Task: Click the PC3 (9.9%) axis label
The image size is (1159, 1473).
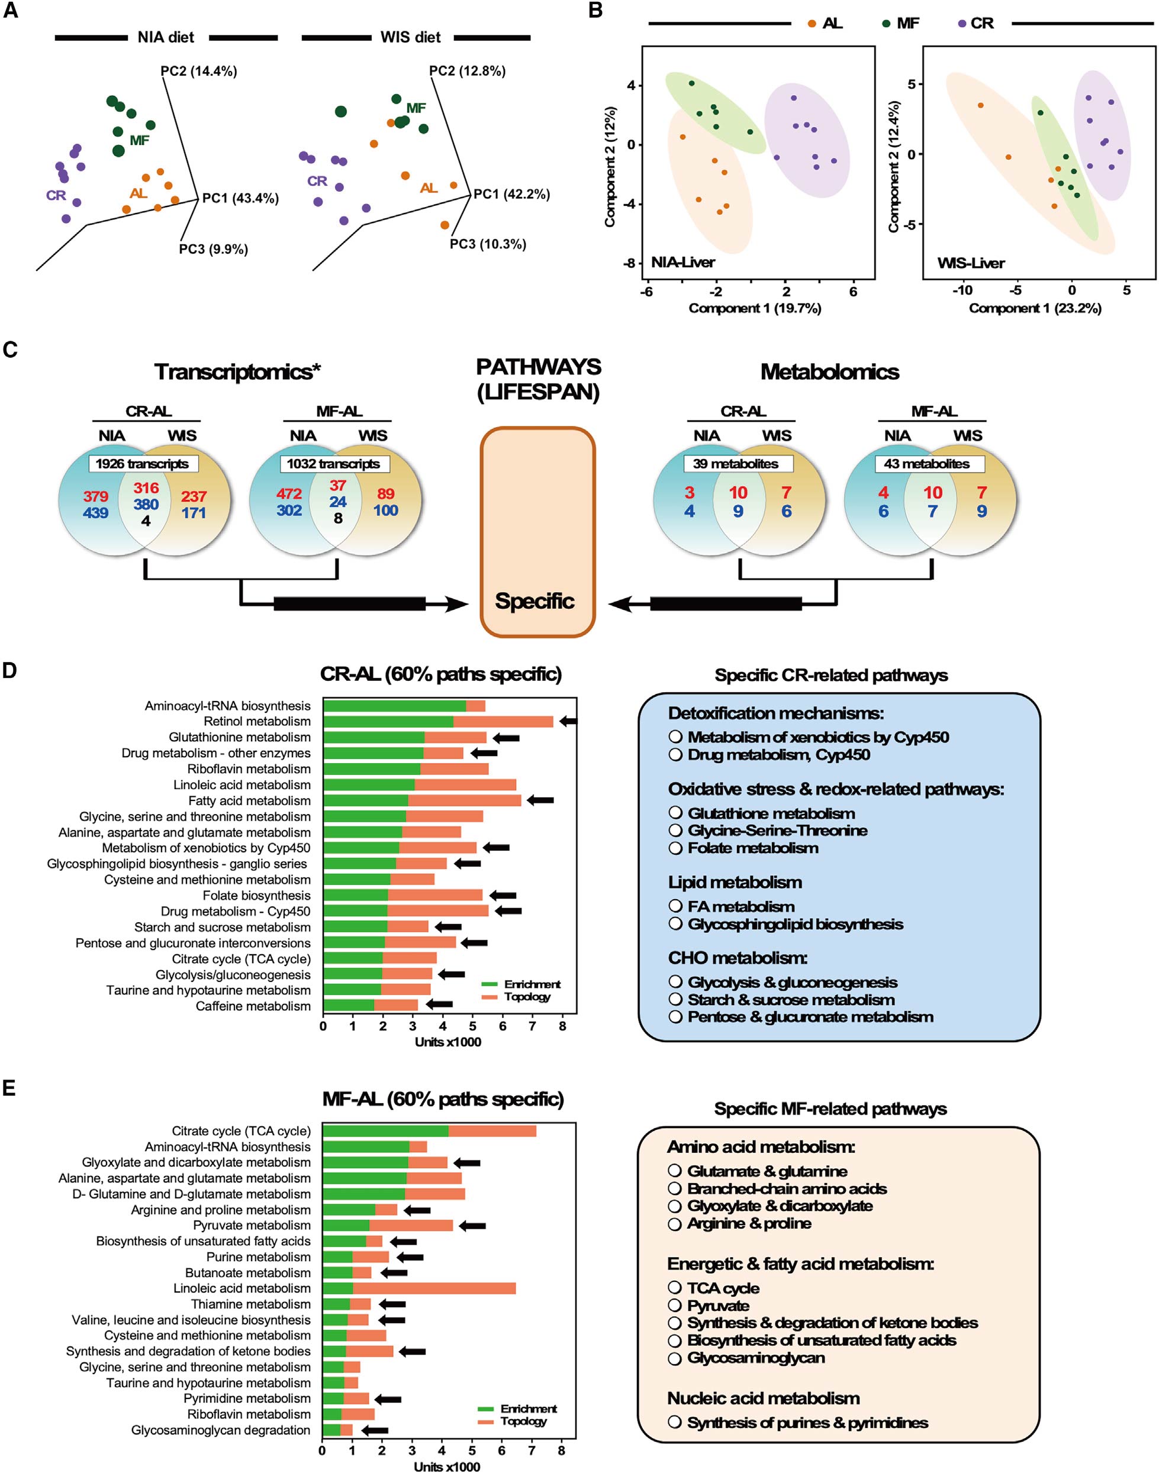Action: tap(213, 250)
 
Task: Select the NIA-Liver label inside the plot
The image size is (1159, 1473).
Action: tap(682, 263)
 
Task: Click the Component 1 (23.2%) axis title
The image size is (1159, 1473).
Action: tap(1035, 309)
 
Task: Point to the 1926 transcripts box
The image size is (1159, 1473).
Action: tap(143, 464)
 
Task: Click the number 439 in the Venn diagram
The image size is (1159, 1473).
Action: tap(96, 513)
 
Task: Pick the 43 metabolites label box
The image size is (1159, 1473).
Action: tap(926, 464)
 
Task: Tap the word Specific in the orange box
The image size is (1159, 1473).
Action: tap(534, 601)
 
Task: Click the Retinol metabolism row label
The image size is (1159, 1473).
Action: tap(257, 722)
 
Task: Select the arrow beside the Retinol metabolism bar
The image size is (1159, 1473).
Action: tap(568, 722)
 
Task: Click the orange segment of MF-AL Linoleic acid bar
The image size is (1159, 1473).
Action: tap(434, 1288)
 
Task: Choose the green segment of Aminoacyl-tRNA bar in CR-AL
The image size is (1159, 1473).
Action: tap(394, 706)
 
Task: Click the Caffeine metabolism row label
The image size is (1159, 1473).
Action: tap(253, 1006)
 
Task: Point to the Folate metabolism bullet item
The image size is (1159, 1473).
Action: tap(752, 848)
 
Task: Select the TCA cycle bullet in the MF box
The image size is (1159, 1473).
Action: tap(723, 1288)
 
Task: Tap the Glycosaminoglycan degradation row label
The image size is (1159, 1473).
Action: tap(221, 1430)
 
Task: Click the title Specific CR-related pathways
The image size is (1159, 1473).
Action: tap(830, 676)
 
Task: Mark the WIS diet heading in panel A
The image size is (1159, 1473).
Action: tap(411, 37)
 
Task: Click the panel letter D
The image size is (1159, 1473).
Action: tap(9, 671)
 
